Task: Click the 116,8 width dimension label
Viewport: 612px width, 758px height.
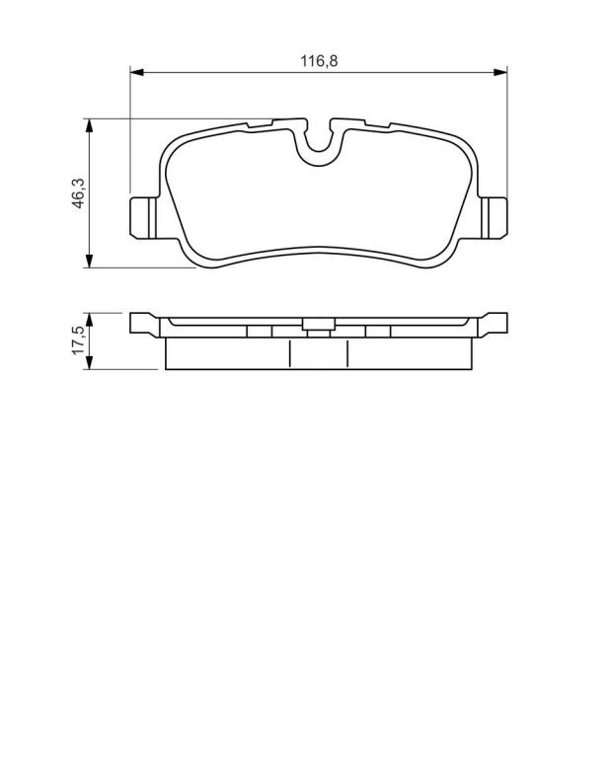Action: point(319,61)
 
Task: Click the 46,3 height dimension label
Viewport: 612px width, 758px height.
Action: point(78,192)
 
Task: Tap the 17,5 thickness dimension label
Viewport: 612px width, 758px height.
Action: point(78,341)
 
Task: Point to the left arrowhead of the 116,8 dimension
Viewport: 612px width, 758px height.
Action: point(137,72)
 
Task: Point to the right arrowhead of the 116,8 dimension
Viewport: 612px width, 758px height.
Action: point(500,72)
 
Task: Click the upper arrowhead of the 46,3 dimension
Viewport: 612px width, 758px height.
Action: point(89,125)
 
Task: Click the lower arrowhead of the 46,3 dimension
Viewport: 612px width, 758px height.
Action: point(89,261)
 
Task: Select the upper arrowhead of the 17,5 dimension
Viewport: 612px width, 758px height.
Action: point(89,320)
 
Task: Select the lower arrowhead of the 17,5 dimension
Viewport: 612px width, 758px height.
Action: point(89,362)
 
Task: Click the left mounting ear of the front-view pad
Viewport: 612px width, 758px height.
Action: point(143,217)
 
